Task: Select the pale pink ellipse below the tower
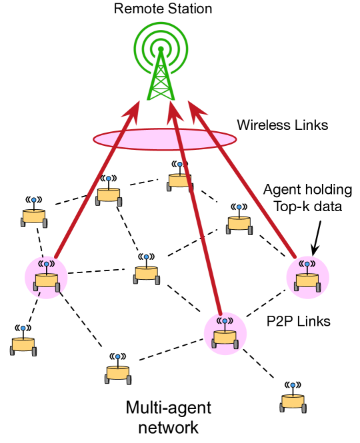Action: coord(165,139)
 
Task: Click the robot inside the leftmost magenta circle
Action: coord(47,280)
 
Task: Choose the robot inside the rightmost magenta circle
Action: coord(307,280)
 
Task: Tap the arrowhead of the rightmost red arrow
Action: coord(195,109)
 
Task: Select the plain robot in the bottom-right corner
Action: coord(293,402)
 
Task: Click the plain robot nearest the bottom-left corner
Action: coord(23,345)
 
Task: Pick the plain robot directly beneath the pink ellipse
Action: coord(179,181)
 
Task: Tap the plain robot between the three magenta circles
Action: coord(146,273)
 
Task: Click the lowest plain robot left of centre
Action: coord(117,373)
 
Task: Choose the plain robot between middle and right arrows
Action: coord(239,224)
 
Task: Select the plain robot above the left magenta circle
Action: coord(33,217)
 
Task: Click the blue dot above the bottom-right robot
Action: coord(293,385)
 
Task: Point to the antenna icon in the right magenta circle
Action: coord(307,264)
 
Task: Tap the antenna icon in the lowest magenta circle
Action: coord(225,321)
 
